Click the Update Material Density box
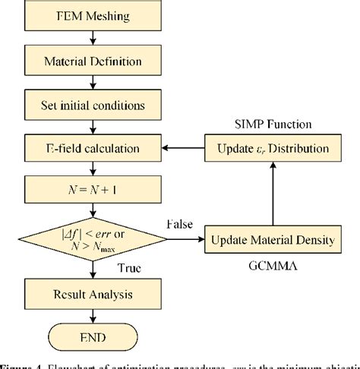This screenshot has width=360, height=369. [271, 240]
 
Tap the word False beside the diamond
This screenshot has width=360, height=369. [179, 225]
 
